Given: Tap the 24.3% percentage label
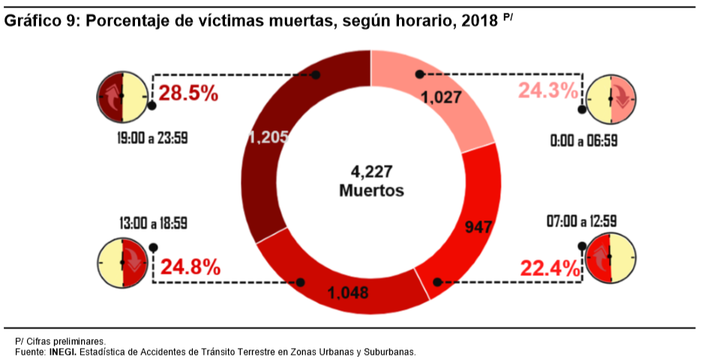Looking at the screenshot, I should tap(548, 91).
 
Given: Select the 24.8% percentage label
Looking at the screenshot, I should tap(190, 266).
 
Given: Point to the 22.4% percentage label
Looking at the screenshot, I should tap(550, 268).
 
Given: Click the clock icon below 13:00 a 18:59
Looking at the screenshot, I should tap(121, 262).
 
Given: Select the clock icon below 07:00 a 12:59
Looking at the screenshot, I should tap(610, 258).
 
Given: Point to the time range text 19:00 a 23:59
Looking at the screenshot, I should tap(152, 139).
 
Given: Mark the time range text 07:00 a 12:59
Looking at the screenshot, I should tap(582, 222).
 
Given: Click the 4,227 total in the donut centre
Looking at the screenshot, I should tap(371, 171).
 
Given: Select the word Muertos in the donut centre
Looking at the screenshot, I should tap(371, 190).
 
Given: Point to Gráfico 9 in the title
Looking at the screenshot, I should tap(41, 21).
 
